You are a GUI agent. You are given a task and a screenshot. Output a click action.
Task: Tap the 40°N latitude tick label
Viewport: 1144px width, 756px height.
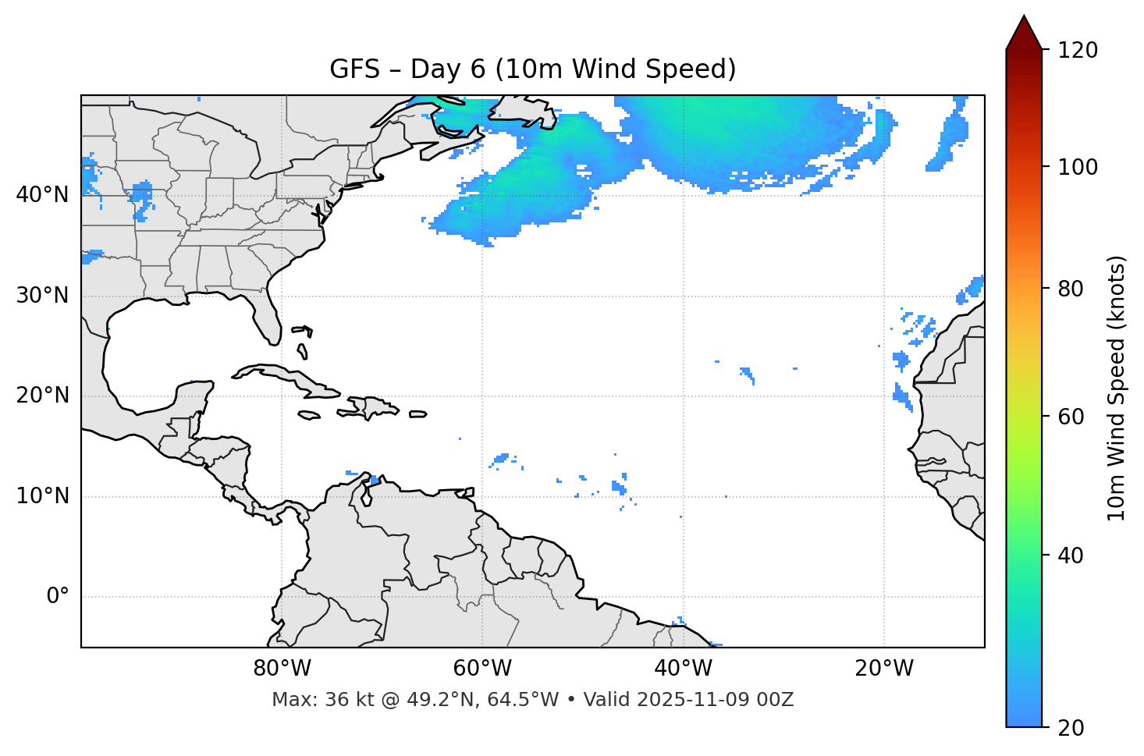point(42,194)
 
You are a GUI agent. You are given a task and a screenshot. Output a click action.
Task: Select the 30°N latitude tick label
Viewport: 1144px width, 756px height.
point(42,295)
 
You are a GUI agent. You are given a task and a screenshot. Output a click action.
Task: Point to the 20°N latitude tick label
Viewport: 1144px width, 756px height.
point(42,396)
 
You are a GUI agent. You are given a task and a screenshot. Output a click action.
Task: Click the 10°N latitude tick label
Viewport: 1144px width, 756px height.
point(42,496)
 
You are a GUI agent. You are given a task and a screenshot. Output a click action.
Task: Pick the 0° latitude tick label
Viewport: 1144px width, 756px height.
point(58,597)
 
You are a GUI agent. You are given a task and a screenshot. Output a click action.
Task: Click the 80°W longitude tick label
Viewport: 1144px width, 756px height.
point(282,669)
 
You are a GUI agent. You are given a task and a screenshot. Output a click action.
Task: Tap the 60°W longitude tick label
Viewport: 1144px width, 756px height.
point(482,669)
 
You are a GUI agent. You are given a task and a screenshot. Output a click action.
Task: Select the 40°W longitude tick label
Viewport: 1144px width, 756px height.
point(683,669)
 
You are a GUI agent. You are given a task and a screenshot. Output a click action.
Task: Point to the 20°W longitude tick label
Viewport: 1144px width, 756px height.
point(883,669)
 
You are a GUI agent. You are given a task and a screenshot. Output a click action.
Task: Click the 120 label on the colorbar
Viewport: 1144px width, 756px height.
point(1078,50)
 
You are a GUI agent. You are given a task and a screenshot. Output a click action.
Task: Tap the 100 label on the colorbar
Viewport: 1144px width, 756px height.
point(1078,167)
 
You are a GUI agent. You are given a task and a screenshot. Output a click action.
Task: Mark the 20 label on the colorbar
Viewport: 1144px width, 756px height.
point(1071,728)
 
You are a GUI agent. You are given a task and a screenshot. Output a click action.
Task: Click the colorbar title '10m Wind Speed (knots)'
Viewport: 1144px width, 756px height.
point(1117,388)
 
